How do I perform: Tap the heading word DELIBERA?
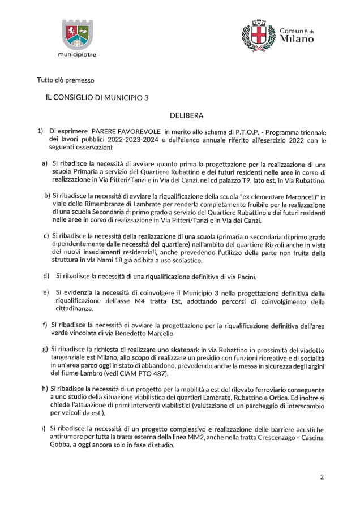point(186,116)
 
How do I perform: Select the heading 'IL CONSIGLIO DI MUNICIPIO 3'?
point(97,97)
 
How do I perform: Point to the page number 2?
point(322,477)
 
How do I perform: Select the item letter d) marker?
point(46,276)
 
